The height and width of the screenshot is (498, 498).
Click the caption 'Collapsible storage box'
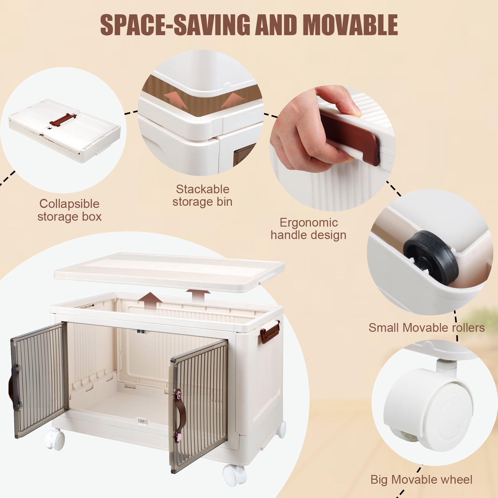pyautogui.click(x=69, y=210)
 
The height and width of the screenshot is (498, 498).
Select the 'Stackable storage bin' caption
pyautogui.click(x=203, y=195)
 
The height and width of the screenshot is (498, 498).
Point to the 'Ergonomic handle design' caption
pyautogui.click(x=308, y=229)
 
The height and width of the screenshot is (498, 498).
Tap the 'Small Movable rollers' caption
pyautogui.click(x=427, y=328)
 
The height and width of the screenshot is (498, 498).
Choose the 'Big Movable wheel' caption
pyautogui.click(x=421, y=480)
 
